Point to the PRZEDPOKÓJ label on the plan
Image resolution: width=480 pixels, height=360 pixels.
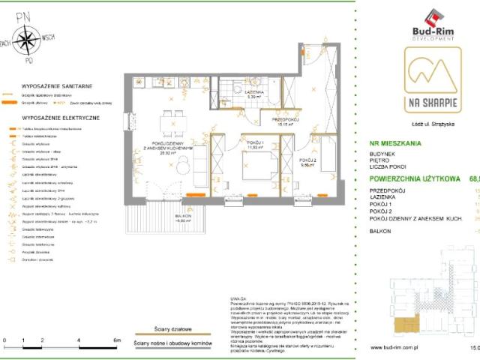point(286,119)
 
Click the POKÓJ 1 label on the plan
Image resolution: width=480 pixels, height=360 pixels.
point(256,142)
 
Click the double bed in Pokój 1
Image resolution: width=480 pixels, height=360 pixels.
point(256,169)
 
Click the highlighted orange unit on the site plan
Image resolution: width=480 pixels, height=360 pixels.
point(409,323)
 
